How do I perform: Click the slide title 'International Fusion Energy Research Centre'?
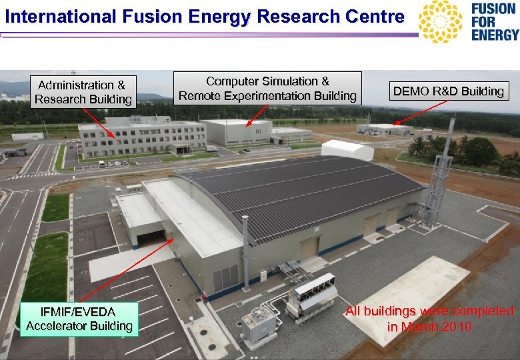click(204, 16)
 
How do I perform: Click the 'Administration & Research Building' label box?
click(83, 92)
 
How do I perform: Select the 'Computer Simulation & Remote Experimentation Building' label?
click(267, 88)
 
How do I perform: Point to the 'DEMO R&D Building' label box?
click(449, 91)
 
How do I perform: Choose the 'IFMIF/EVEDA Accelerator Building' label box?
click(79, 319)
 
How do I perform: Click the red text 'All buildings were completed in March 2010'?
click(429, 319)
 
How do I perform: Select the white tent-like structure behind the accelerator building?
click(347, 149)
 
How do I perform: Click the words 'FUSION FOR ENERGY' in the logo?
click(494, 21)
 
